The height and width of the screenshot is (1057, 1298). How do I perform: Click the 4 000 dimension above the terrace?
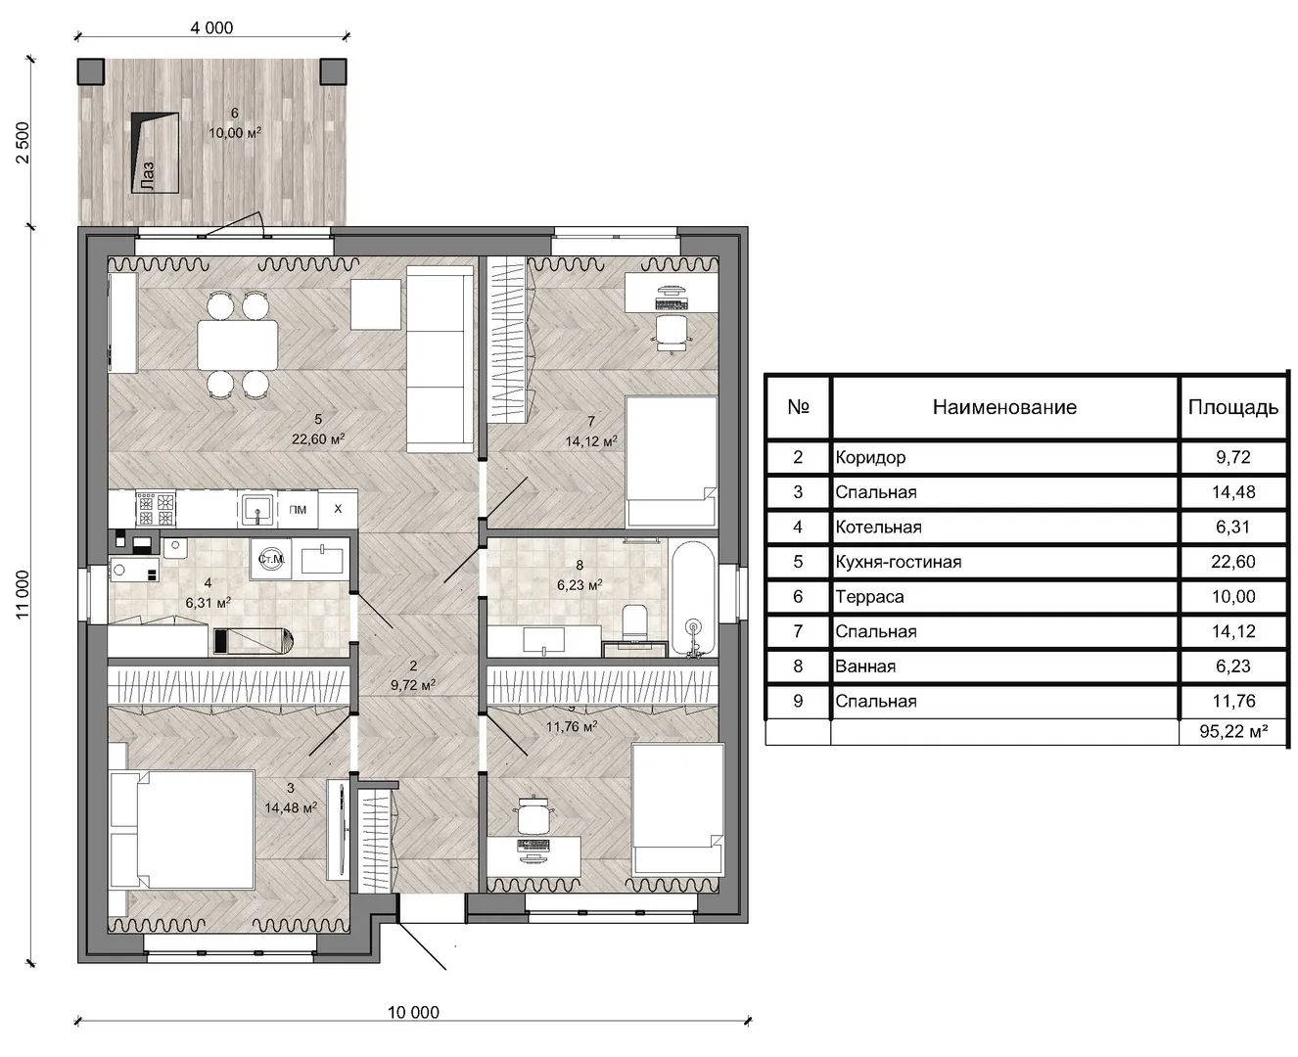pyautogui.click(x=211, y=28)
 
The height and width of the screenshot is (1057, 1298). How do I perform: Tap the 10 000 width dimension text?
pyautogui.click(x=413, y=1013)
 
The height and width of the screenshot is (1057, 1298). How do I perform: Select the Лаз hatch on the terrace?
pyautogui.click(x=155, y=153)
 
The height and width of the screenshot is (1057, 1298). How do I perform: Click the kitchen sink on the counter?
pyautogui.click(x=256, y=510)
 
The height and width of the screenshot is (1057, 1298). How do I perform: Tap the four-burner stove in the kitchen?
pyautogui.click(x=156, y=510)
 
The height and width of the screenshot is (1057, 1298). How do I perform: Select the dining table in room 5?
pyautogui.click(x=237, y=345)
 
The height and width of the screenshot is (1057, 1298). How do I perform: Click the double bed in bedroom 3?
pyautogui.click(x=182, y=830)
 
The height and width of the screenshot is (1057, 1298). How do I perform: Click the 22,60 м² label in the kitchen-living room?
pyautogui.click(x=318, y=439)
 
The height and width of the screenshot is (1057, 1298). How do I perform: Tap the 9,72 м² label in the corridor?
pyautogui.click(x=413, y=685)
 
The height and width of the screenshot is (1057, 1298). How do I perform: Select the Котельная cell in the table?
pyautogui.click(x=878, y=527)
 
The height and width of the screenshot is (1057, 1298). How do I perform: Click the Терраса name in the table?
pyautogui.click(x=869, y=597)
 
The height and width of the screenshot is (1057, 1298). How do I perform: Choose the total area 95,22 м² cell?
pyautogui.click(x=1233, y=731)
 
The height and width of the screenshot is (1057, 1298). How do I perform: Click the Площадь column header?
pyautogui.click(x=1232, y=407)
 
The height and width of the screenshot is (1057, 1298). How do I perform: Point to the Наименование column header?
pyautogui.click(x=1004, y=407)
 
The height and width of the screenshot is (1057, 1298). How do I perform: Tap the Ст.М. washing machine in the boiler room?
pyautogui.click(x=270, y=559)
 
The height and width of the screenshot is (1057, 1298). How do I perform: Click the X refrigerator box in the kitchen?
pyautogui.click(x=338, y=509)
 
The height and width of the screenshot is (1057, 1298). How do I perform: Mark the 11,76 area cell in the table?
pyautogui.click(x=1233, y=701)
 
